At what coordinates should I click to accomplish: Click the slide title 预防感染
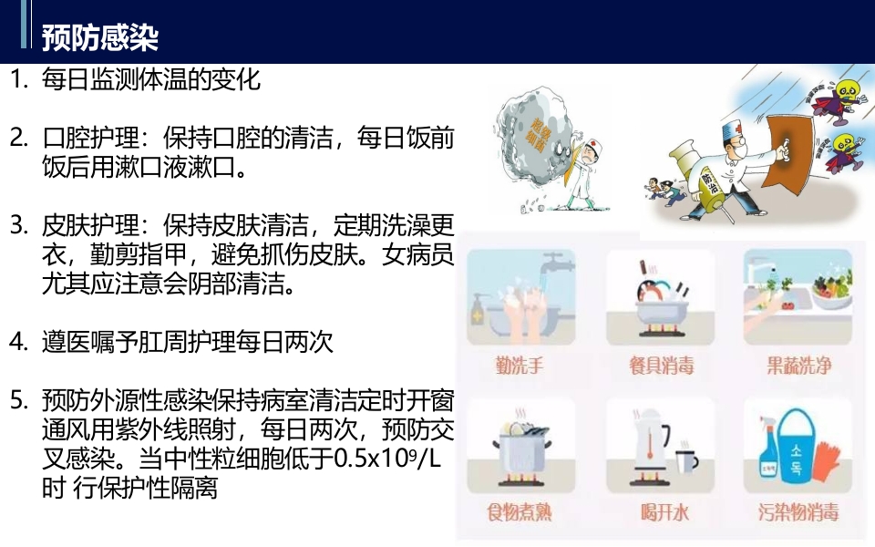(x=100, y=37)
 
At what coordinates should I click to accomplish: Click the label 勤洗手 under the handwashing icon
(x=520, y=366)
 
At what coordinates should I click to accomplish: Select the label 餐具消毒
(x=661, y=366)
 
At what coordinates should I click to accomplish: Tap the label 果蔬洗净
(x=798, y=366)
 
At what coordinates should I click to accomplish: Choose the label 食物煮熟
(x=520, y=511)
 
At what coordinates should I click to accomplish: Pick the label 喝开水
(x=661, y=511)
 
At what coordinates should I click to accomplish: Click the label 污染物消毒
(x=798, y=511)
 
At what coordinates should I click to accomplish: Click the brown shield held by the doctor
(x=787, y=146)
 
